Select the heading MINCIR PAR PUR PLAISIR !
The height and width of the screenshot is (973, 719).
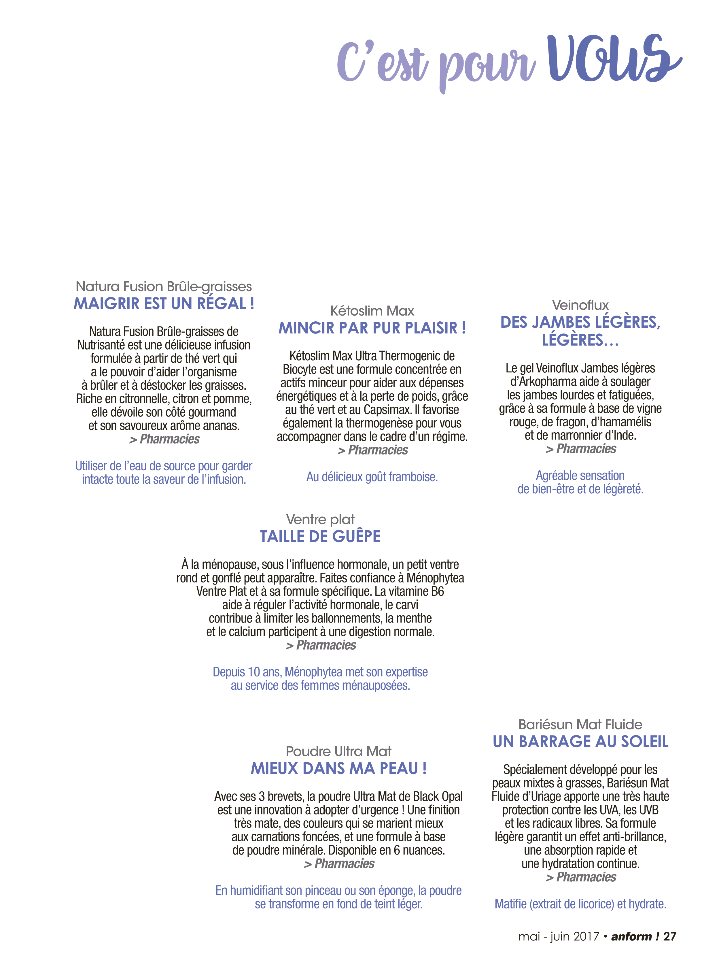click(372, 328)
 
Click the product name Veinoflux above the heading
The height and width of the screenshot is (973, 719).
click(580, 305)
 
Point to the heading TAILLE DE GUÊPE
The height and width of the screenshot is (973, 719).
click(320, 536)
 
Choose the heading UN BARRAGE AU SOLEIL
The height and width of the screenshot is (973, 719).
click(581, 741)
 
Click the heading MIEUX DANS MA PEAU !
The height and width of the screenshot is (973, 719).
click(338, 768)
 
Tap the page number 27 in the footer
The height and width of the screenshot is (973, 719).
click(669, 936)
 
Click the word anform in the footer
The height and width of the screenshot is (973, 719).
click(631, 936)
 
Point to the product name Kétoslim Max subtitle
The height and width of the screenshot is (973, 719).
click(372, 311)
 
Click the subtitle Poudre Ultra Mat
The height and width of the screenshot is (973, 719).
click(338, 751)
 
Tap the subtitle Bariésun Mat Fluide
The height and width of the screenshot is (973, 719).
click(581, 724)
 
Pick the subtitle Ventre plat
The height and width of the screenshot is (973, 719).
click(320, 519)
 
